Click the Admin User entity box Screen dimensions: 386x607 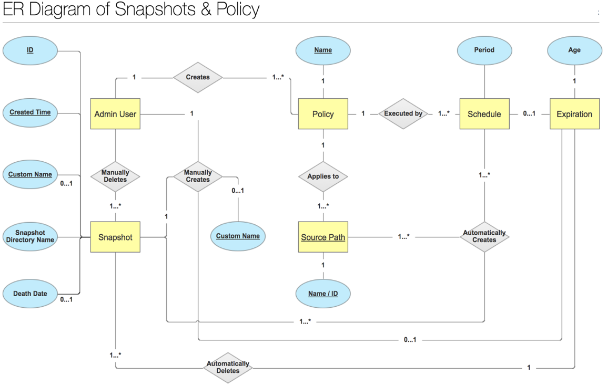pyautogui.click(x=115, y=114)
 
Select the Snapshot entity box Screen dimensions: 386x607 pyautogui.click(x=115, y=237)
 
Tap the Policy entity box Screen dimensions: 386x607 pyautogui.click(x=323, y=114)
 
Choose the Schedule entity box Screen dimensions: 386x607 pyautogui.click(x=484, y=114)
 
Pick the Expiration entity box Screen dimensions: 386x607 pyautogui.click(x=574, y=114)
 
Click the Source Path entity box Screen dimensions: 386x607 pyautogui.click(x=323, y=237)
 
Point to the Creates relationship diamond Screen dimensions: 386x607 pyautogui.click(x=198, y=77)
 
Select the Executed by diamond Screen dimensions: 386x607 pyautogui.click(x=403, y=113)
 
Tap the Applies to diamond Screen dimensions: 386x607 pyautogui.click(x=323, y=176)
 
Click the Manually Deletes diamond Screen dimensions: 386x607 pyautogui.click(x=115, y=176)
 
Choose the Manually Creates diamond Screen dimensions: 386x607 pyautogui.click(x=198, y=176)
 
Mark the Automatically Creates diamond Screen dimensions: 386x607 pyautogui.click(x=484, y=236)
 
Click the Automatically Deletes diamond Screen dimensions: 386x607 pyautogui.click(x=228, y=367)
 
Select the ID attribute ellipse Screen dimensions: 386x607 pyautogui.click(x=30, y=50)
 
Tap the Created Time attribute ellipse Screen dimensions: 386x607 pyautogui.click(x=30, y=112)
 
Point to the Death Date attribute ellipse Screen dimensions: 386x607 pyautogui.click(x=30, y=294)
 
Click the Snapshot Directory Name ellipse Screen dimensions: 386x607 pyautogui.click(x=30, y=236)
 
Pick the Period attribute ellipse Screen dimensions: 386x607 pyautogui.click(x=484, y=50)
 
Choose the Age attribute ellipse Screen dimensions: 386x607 pyautogui.click(x=574, y=50)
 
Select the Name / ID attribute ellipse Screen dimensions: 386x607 pyautogui.click(x=323, y=294)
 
